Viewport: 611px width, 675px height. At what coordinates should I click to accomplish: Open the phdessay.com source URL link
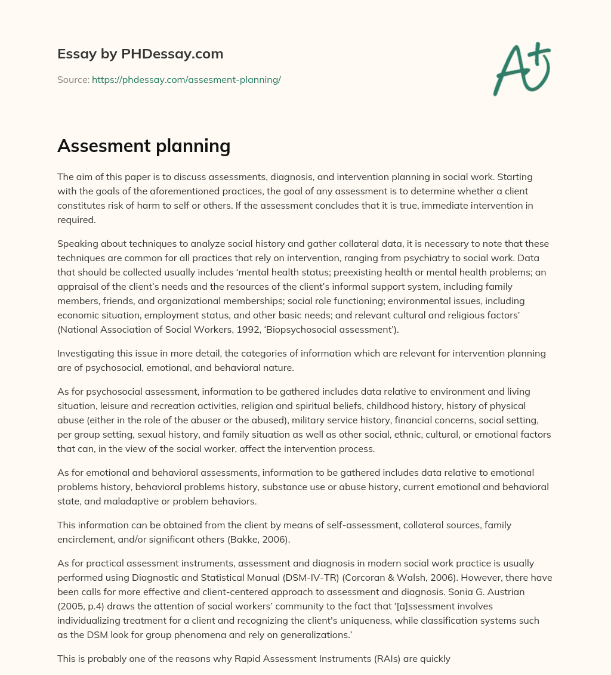pyautogui.click(x=186, y=79)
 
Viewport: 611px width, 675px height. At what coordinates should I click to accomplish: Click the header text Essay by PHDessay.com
pyautogui.click(x=140, y=54)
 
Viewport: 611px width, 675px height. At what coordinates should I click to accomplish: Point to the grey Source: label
pyautogui.click(x=73, y=79)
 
